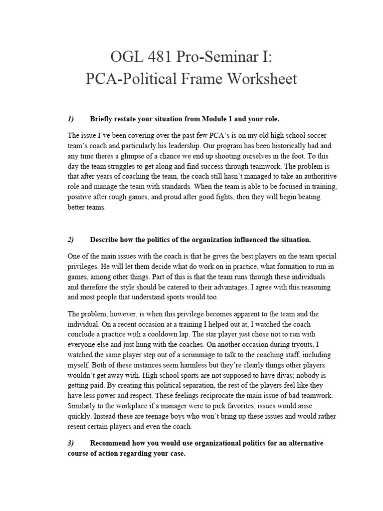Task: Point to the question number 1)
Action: (70, 119)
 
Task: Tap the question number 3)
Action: (70, 443)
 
